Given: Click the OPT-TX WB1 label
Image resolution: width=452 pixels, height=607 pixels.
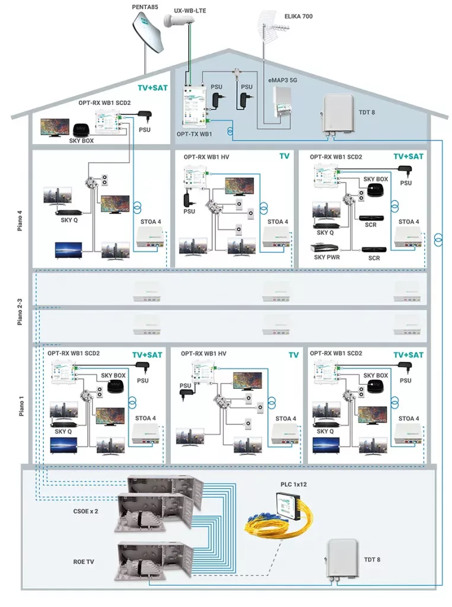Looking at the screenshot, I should pyautogui.click(x=194, y=134).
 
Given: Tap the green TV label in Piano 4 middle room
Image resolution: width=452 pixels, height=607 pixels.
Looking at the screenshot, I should pyautogui.click(x=285, y=156).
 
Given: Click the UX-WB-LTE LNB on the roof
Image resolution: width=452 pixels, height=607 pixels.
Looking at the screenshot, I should pyautogui.click(x=177, y=21).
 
